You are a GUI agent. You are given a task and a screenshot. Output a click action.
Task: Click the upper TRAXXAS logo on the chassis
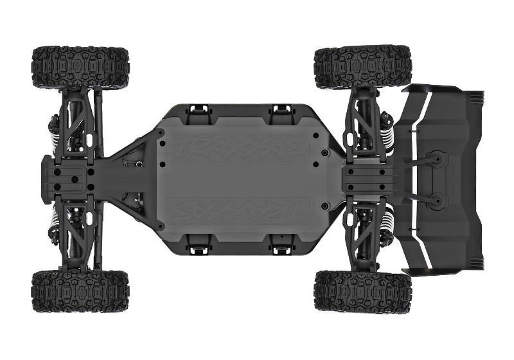pos(238,147)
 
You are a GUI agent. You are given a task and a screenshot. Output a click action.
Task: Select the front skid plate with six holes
pos(67,177)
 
